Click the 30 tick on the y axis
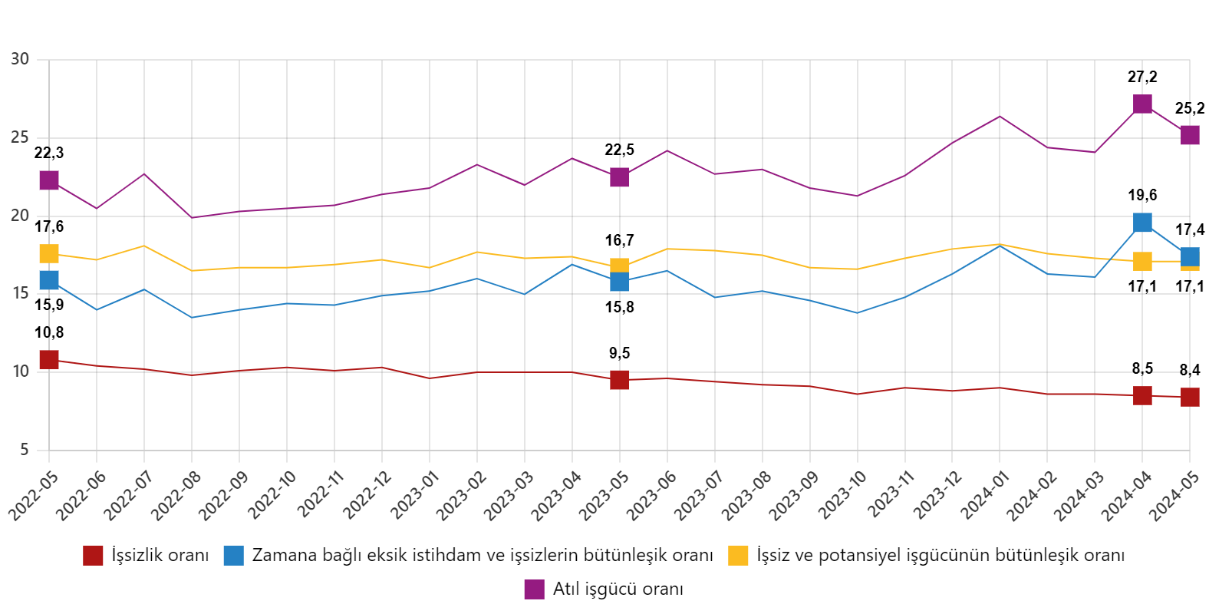coord(20,59)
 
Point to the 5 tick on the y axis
coord(25,449)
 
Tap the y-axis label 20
coord(20,216)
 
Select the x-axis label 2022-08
coord(176,497)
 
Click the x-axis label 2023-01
coord(414,497)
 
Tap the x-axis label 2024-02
coord(1033,497)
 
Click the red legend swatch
coord(93,556)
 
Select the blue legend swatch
coord(233,556)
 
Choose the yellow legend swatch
coord(738,556)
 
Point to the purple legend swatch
coord(534,589)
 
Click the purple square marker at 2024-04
coord(1142,104)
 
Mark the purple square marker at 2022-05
coord(49,180)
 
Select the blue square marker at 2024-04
coord(1142,223)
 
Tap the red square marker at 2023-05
coord(620,380)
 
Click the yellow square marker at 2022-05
coord(49,253)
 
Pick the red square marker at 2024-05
coord(1190,397)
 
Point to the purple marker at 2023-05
coord(620,177)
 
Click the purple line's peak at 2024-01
coord(1000,117)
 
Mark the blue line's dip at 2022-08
coord(191,317)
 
